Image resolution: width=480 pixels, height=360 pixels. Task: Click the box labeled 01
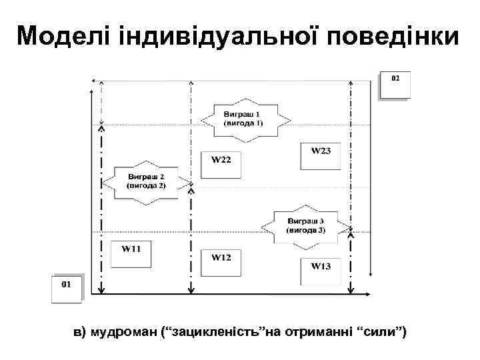point(67,288)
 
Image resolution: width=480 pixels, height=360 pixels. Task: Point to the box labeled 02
point(395,84)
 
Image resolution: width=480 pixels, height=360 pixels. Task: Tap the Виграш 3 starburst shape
point(306,225)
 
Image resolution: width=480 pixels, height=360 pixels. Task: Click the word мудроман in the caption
point(125,332)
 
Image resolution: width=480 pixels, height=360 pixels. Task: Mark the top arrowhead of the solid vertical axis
point(91,79)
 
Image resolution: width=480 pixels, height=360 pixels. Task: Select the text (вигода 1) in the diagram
point(243,124)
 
